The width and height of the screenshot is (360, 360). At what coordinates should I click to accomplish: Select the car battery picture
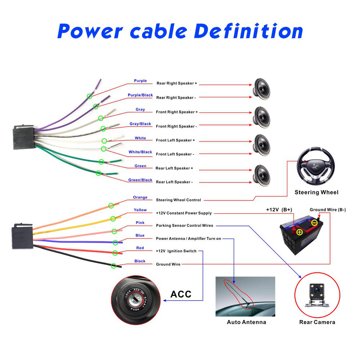(303, 236)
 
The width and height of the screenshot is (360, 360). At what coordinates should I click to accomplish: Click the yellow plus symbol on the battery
(299, 232)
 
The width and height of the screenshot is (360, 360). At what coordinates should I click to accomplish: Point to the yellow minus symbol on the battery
(314, 223)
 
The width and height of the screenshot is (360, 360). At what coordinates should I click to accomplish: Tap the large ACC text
(181, 294)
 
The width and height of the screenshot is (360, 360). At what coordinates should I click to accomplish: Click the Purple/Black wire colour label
(140, 95)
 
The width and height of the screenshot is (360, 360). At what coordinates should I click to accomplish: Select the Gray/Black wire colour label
(140, 124)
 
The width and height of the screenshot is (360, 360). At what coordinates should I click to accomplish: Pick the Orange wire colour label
(140, 197)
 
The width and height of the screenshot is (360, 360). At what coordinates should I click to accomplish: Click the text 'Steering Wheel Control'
(178, 200)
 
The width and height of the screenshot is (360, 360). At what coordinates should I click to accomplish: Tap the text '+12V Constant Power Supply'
(184, 213)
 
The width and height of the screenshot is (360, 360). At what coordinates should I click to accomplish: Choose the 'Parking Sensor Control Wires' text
(184, 226)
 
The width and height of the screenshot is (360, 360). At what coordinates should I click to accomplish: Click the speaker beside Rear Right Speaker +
(262, 89)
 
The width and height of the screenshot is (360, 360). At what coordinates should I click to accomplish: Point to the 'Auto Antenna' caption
(246, 322)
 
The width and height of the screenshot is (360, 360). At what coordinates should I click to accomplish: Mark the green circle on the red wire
(115, 253)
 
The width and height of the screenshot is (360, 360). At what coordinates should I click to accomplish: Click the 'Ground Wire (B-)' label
(328, 210)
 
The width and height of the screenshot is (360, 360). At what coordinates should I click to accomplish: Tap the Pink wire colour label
(140, 223)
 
